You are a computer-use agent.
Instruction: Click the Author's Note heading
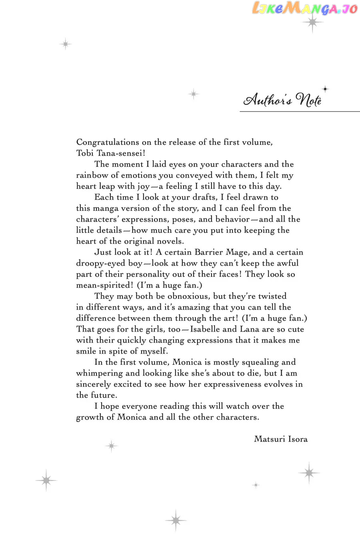(283, 100)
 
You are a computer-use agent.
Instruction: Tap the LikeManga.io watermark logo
(305, 8)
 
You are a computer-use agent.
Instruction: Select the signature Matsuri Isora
(280, 439)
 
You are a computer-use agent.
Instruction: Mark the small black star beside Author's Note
(325, 89)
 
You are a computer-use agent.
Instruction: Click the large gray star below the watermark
(312, 23)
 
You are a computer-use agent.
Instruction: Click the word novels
(170, 241)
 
